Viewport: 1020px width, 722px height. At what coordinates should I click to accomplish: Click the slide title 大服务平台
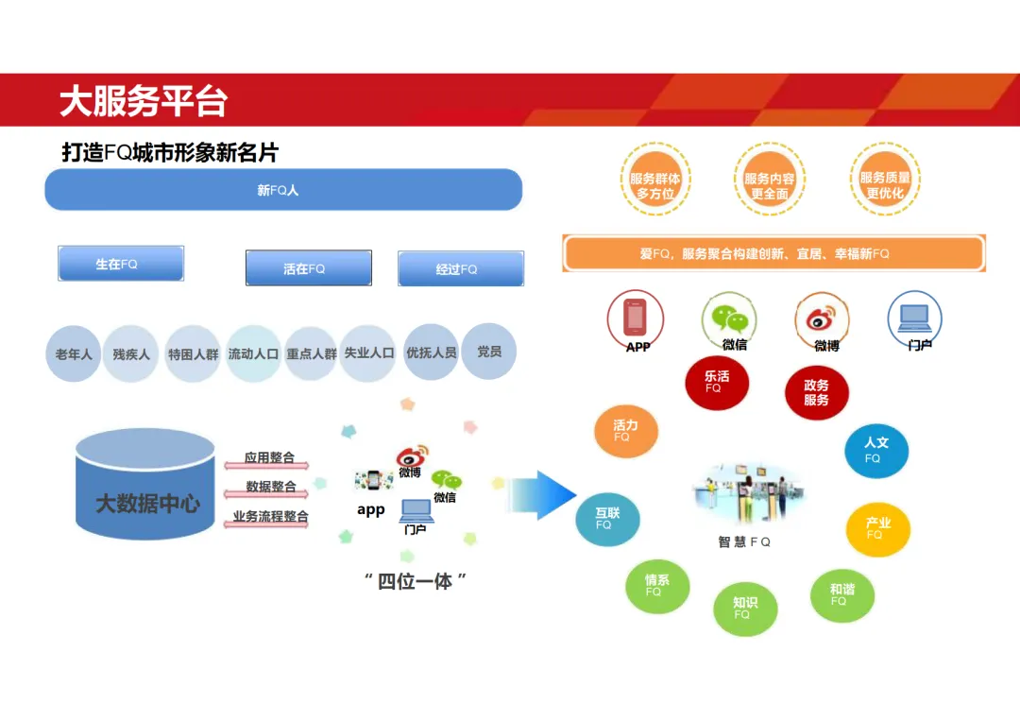144,101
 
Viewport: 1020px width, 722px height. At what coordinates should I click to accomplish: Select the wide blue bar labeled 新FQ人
283,190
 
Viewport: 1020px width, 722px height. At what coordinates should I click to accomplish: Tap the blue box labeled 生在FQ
121,264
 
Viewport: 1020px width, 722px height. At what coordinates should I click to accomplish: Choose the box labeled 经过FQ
460,268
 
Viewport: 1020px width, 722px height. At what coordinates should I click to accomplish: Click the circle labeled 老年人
73,354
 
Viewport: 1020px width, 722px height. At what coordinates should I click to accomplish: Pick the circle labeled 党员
489,352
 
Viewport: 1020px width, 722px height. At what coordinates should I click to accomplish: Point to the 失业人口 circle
367,352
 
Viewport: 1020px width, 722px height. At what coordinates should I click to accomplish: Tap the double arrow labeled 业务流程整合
267,520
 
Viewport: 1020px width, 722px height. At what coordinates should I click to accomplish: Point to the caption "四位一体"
416,581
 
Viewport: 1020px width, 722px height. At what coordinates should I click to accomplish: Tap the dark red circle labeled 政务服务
817,392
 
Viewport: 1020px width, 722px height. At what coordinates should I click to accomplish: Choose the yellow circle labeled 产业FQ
877,529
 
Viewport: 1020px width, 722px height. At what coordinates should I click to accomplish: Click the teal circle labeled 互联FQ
606,519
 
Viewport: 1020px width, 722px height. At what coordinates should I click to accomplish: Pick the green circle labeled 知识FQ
744,609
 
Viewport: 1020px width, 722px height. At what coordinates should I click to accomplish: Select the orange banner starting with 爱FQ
773,253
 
